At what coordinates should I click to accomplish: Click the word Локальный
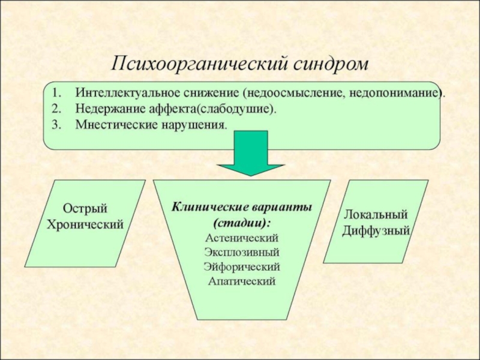click(376, 215)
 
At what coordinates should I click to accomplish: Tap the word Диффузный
click(376, 230)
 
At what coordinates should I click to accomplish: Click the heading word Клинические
click(207, 208)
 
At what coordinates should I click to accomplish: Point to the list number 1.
click(55, 95)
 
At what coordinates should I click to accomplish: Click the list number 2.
click(55, 110)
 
